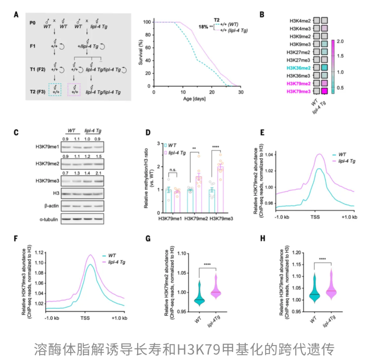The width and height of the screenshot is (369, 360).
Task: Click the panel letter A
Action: click(x=16, y=15)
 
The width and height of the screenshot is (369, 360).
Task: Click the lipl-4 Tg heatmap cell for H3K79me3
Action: click(x=324, y=91)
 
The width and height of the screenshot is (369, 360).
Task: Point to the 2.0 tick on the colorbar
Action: click(x=340, y=41)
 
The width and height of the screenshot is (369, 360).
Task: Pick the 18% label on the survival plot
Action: click(x=203, y=27)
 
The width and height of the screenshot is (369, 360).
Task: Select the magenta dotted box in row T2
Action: click(x=74, y=90)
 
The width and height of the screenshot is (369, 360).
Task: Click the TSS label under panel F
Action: click(x=86, y=319)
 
